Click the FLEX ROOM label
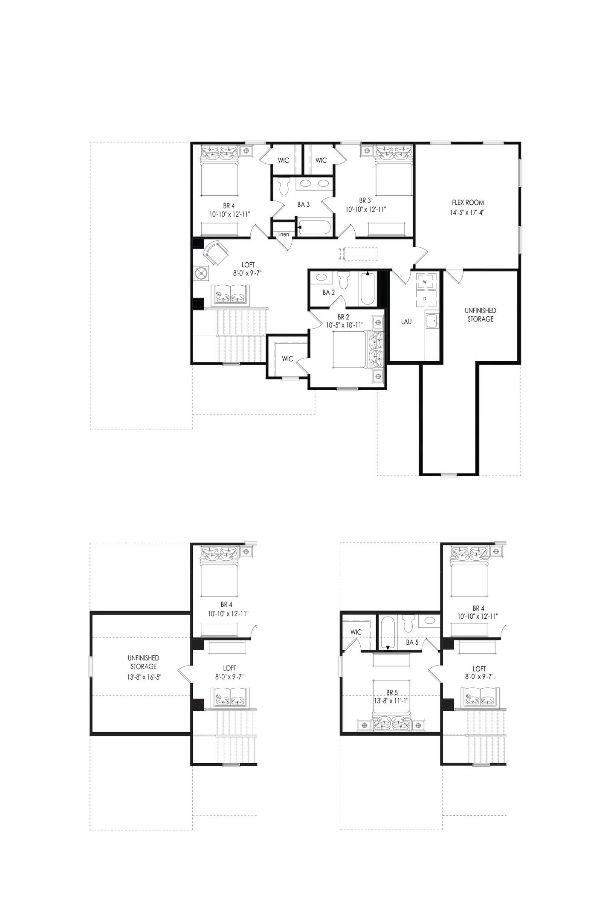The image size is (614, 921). point(468,203)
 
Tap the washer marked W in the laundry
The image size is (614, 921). point(425,282)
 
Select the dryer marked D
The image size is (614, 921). point(425,298)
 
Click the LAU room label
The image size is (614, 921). point(406,321)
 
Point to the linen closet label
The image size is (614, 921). point(284,235)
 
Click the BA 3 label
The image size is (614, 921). point(303,205)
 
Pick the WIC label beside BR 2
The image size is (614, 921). point(287,359)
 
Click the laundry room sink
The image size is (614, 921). point(432,320)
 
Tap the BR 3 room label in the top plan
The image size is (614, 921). point(365,200)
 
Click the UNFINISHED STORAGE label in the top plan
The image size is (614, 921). point(480,315)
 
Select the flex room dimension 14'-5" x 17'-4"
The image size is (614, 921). point(468,211)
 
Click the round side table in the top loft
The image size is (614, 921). point(201,273)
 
